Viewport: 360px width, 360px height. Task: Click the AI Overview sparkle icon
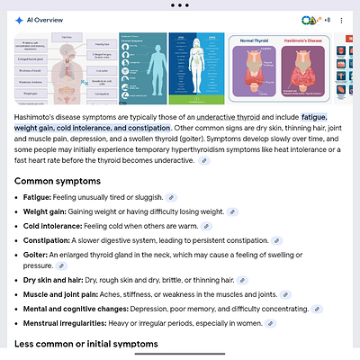(20, 20)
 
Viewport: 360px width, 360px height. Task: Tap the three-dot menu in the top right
(342, 20)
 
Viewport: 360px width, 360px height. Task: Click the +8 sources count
(327, 20)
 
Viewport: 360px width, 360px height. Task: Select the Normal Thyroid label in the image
(259, 41)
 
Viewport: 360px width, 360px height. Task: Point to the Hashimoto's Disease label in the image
(305, 41)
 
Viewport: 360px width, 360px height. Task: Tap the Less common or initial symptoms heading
(86, 344)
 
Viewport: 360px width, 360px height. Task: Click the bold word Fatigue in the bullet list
(39, 196)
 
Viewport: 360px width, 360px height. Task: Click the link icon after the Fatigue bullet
(172, 196)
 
